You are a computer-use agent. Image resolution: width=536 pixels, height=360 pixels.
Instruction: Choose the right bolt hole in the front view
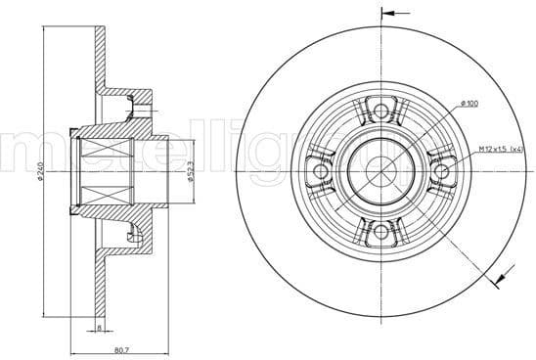[439, 172]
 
